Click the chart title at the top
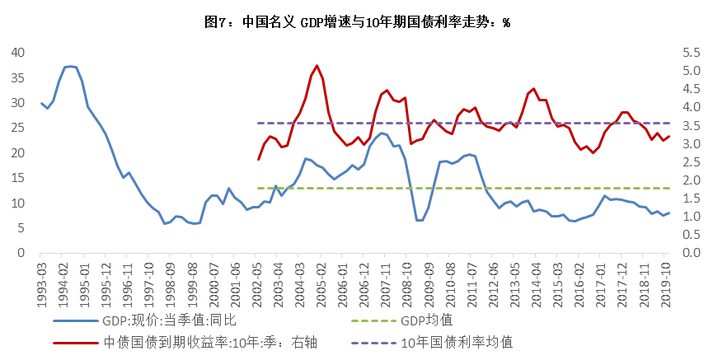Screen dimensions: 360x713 click(x=356, y=21)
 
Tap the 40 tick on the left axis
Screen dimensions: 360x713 click(x=17, y=53)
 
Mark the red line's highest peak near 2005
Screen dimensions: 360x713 click(x=317, y=65)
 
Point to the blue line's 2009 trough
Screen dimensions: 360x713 click(x=420, y=220)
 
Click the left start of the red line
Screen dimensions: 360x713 click(x=258, y=160)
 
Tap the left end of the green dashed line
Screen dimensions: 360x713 click(x=259, y=188)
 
